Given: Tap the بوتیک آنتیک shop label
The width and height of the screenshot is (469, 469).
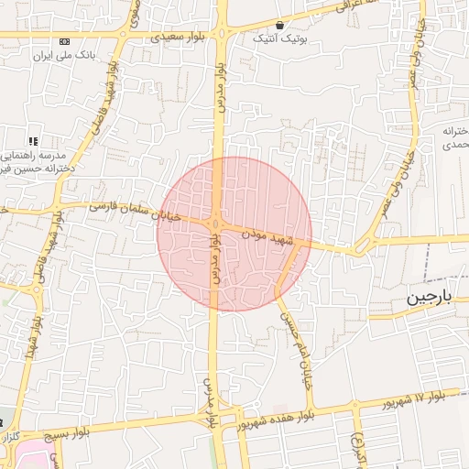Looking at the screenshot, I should [x=280, y=39].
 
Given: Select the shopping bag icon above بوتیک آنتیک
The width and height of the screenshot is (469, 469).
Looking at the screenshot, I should [x=279, y=25].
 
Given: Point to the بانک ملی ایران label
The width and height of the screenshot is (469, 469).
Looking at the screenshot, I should [x=64, y=56].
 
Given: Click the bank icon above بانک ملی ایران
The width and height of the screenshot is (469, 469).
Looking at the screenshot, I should [x=64, y=42].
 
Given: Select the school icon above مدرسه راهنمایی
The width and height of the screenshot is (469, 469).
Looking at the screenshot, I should [x=33, y=142].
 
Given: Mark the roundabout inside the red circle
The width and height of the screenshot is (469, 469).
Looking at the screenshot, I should [x=217, y=223].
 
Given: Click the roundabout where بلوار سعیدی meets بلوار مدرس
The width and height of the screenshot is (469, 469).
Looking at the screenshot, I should [x=221, y=34].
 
